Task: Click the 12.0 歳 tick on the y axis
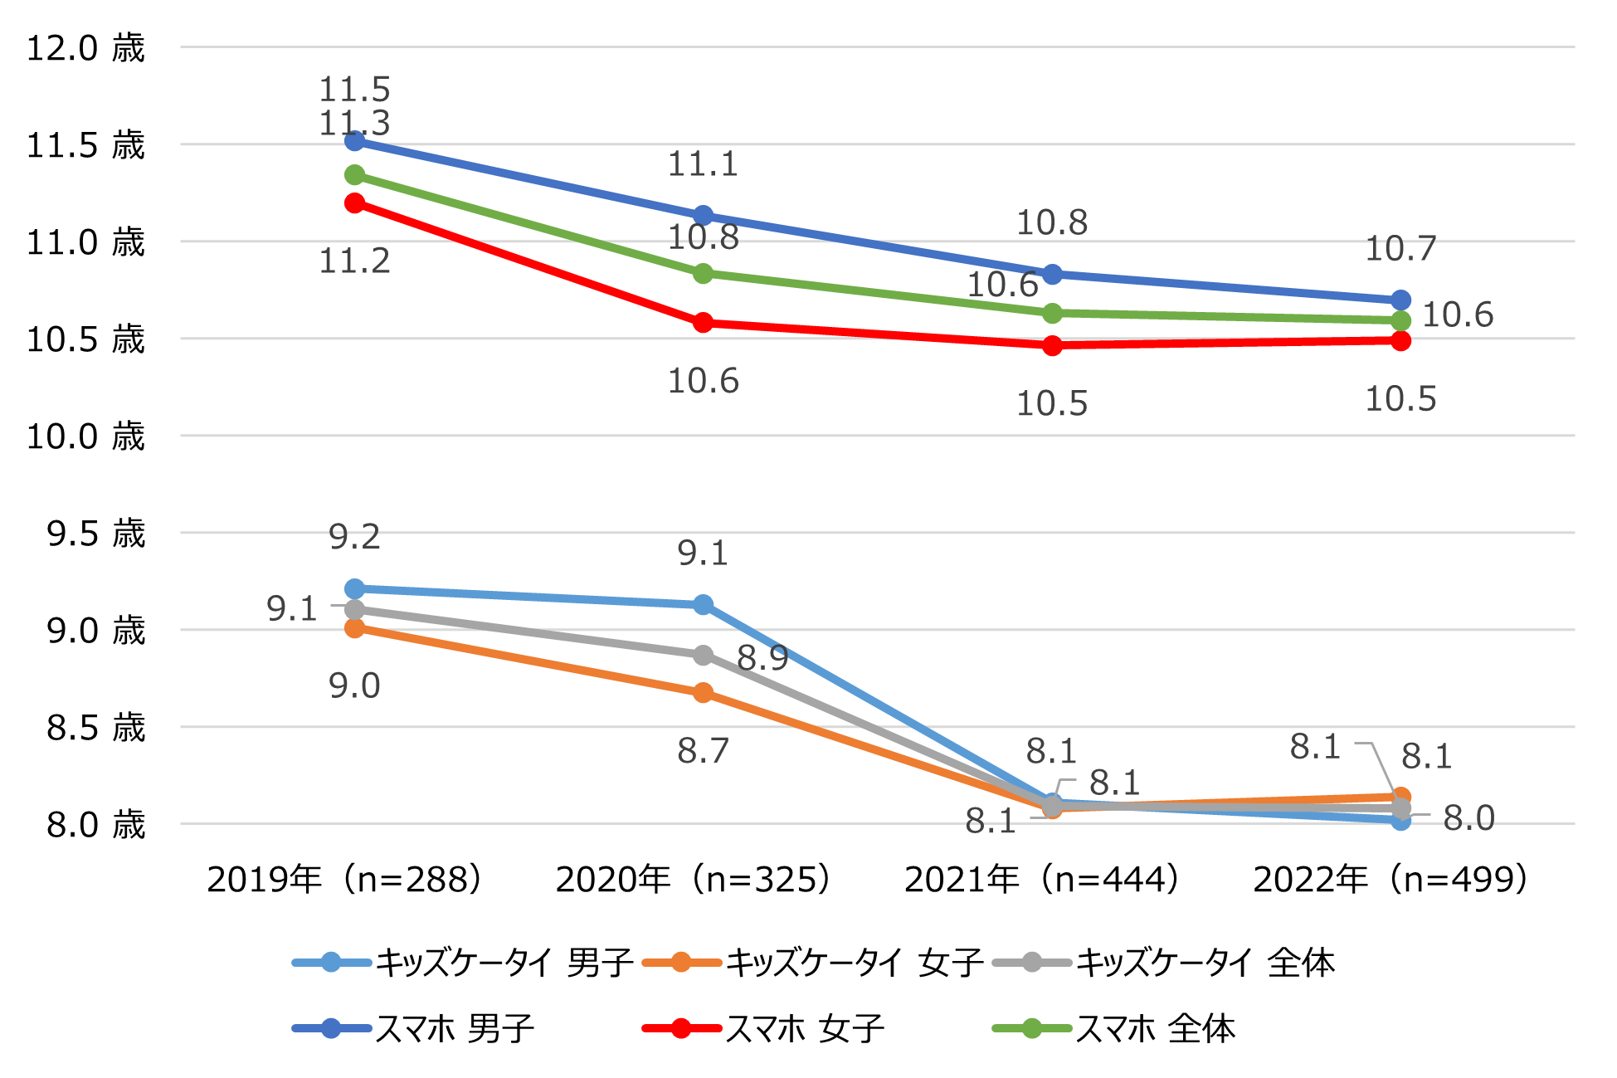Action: pos(85,48)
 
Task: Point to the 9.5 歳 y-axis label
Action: pos(95,534)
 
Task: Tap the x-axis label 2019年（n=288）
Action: pos(344,880)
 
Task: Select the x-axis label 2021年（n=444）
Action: pos(1042,880)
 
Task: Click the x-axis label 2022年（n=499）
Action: pos(1391,880)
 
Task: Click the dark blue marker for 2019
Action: pos(355,141)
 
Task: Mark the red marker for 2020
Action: pos(703,322)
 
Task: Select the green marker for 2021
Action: pos(1052,313)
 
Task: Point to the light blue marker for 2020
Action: pos(703,604)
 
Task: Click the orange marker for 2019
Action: pos(355,628)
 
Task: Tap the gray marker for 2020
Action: pos(703,655)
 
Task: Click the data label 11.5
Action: pos(354,90)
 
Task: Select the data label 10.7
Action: pos(1400,248)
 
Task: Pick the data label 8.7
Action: pos(703,751)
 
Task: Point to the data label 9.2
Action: pos(354,538)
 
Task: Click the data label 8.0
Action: pos(1468,818)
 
